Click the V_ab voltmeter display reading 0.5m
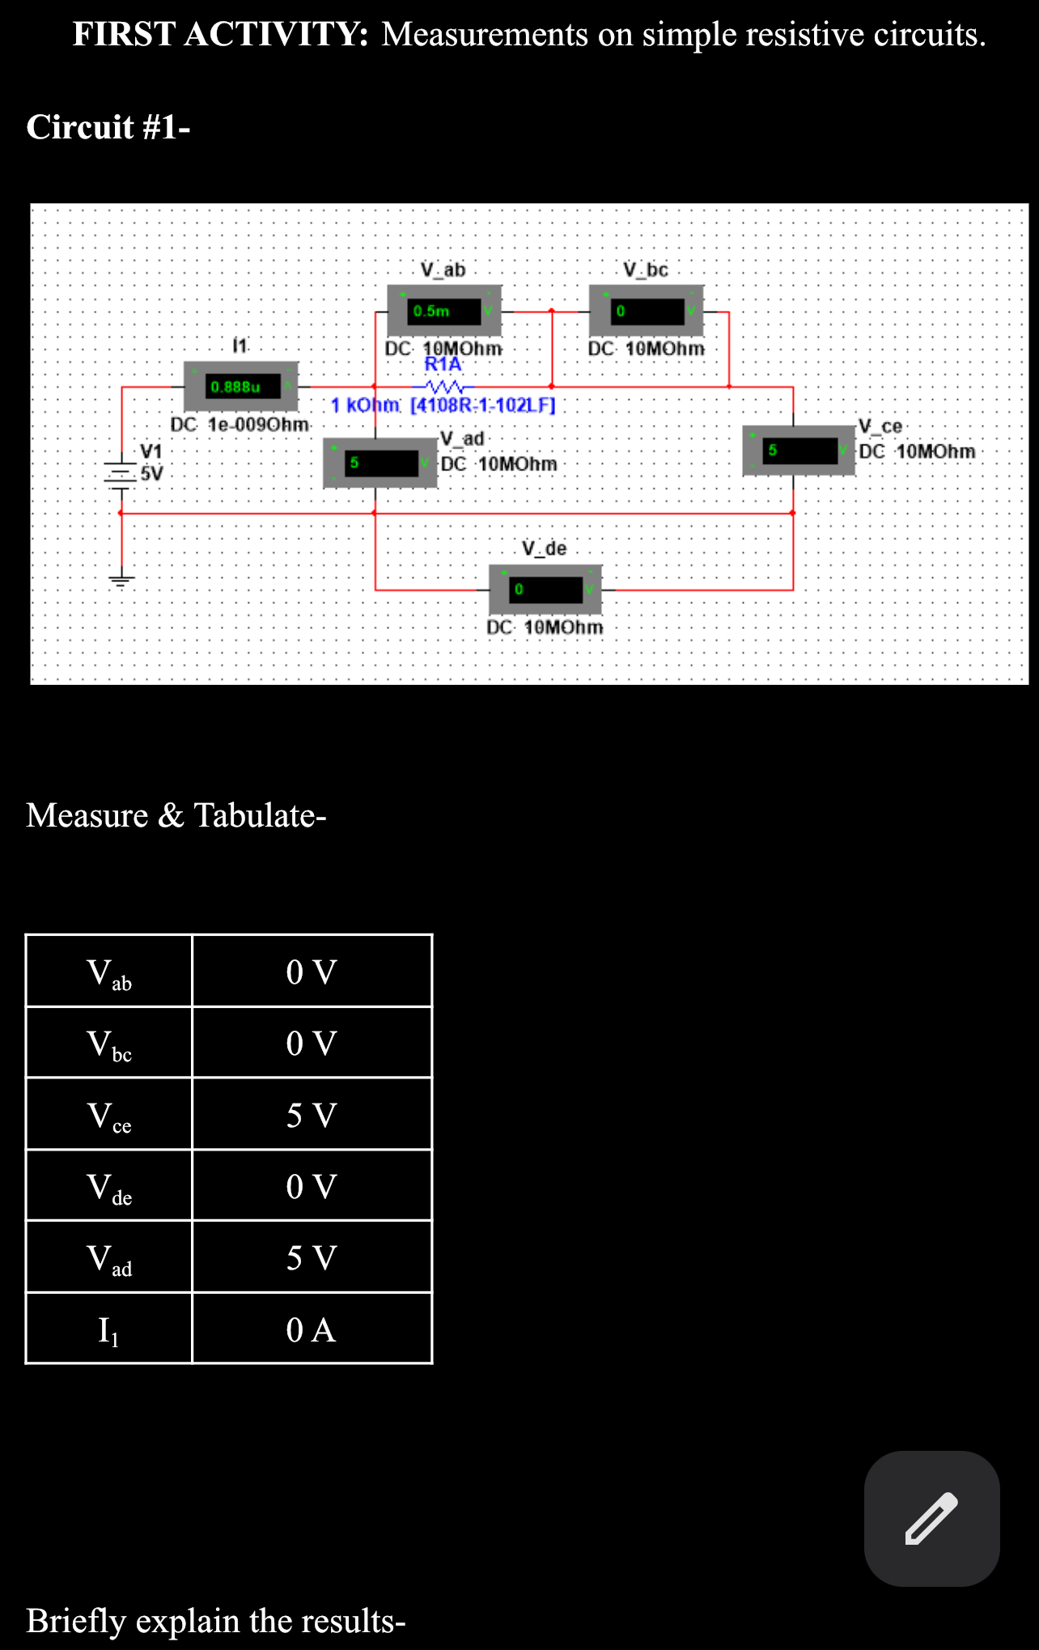point(444,311)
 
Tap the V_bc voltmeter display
point(647,311)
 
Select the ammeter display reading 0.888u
point(241,387)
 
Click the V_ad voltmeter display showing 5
point(380,463)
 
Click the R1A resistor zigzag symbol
point(443,386)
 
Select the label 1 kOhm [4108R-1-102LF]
point(443,405)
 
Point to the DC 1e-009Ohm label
point(240,424)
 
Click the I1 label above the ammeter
point(240,346)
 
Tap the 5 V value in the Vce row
point(312,1115)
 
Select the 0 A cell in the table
point(312,1329)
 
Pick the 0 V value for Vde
point(312,1187)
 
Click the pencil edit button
point(931,1518)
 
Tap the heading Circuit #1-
point(108,127)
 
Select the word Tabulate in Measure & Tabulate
point(259,815)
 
